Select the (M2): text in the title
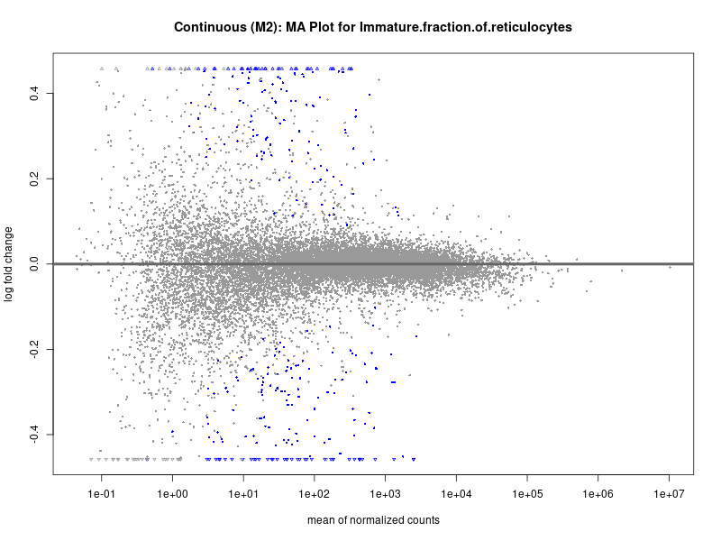[264, 28]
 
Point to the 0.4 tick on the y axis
[32, 94]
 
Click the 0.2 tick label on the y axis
[32, 179]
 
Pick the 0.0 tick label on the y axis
[32, 264]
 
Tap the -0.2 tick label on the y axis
[32, 349]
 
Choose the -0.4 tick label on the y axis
[32, 435]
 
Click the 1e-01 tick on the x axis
[101, 494]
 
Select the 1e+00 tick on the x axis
[172, 494]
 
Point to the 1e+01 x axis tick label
[243, 494]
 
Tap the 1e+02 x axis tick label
[314, 494]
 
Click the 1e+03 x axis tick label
[385, 494]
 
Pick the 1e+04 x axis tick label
[456, 494]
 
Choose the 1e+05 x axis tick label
[527, 494]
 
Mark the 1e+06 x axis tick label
[598, 494]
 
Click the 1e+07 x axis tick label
[669, 494]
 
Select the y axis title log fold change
[10, 264]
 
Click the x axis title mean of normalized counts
[373, 521]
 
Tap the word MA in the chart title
[297, 28]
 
